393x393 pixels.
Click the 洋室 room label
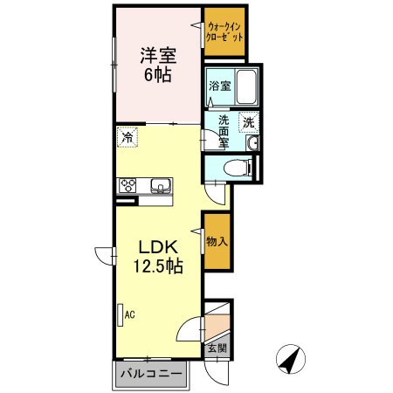[158, 56]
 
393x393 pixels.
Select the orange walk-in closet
[226, 32]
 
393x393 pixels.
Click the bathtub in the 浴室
[246, 86]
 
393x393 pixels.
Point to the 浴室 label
[220, 86]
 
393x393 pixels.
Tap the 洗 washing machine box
[249, 122]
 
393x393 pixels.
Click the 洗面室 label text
[224, 131]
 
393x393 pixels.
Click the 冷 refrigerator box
[128, 137]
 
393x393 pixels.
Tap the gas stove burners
[128, 185]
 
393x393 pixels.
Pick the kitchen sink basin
[161, 185]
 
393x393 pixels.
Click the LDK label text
[157, 247]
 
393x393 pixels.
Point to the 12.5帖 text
[157, 266]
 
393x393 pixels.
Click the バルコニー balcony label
[149, 376]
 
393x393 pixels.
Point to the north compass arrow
[291, 358]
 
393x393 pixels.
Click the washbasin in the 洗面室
[252, 142]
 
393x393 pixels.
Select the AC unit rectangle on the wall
[119, 314]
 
